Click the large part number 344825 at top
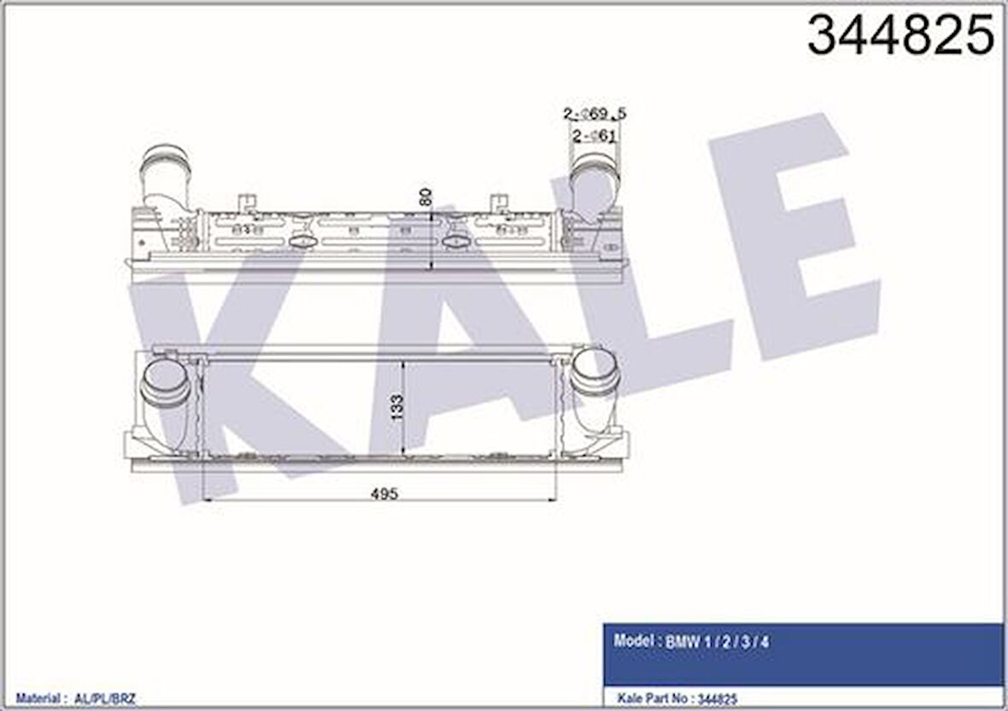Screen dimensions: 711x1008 tap(900, 36)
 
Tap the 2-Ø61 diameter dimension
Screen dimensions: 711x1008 tap(595, 135)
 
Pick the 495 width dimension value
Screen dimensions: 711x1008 tap(384, 493)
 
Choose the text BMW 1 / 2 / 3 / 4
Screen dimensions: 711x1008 tap(717, 642)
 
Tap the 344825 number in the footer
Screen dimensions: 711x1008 tap(718, 698)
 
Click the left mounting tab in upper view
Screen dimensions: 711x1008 tap(248, 203)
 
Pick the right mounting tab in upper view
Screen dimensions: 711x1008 tap(499, 203)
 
